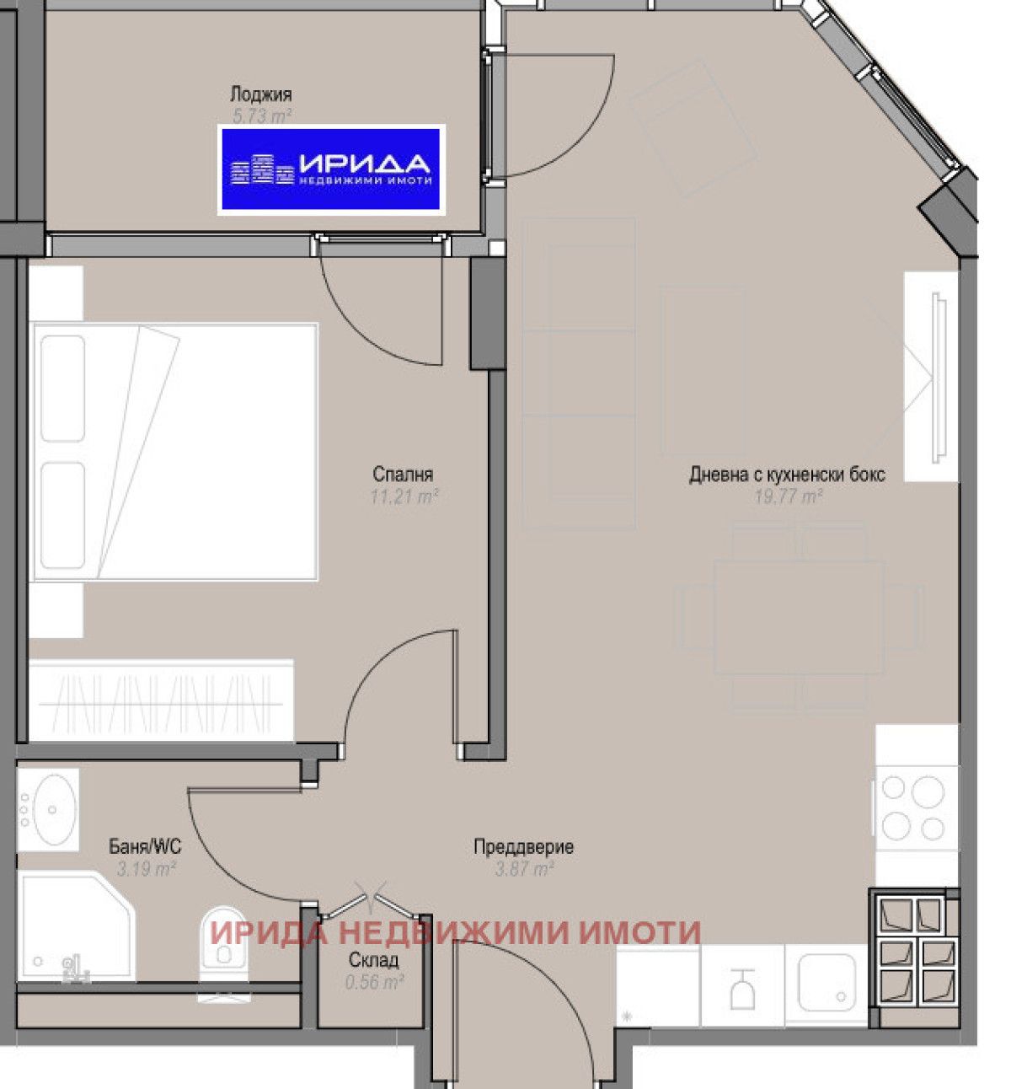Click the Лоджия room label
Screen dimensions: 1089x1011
[260, 94]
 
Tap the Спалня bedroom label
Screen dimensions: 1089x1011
[403, 475]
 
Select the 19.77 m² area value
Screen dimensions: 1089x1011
[788, 496]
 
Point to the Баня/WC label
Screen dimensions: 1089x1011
[145, 846]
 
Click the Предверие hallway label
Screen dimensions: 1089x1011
[523, 846]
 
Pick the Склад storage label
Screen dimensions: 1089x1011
[373, 960]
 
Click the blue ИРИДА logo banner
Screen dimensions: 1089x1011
[331, 169]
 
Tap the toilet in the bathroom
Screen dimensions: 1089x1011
[224, 948]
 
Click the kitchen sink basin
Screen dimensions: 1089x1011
[826, 983]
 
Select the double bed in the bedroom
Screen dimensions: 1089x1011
[173, 452]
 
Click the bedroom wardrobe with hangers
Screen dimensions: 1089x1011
[160, 700]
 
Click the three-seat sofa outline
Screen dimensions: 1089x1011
[579, 373]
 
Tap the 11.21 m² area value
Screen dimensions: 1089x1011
[404, 496]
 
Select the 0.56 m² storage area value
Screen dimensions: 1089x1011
[374, 982]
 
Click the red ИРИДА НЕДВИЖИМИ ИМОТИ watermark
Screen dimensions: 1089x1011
[455, 932]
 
